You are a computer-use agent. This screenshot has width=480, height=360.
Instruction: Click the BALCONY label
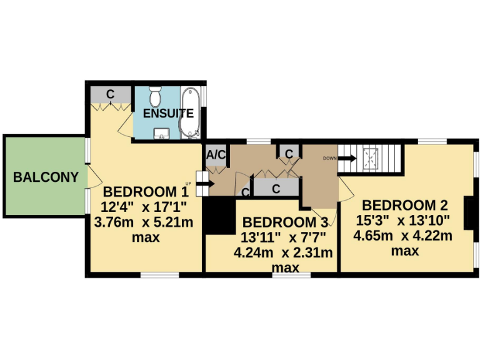[46, 177]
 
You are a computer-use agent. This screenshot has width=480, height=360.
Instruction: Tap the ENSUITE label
[168, 114]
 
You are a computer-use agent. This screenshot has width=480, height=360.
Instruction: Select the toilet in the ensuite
[156, 98]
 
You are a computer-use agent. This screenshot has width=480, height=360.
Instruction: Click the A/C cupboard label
[216, 154]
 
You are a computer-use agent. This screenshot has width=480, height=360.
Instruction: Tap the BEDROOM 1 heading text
[146, 192]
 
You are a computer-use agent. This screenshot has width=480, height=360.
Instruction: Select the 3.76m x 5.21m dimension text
[143, 222]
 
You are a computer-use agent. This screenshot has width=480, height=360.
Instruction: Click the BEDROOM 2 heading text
[405, 205]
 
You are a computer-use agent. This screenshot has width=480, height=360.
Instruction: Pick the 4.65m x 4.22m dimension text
[403, 236]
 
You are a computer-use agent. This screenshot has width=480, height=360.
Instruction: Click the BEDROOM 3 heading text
[285, 222]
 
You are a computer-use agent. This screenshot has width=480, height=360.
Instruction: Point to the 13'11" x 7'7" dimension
[283, 237]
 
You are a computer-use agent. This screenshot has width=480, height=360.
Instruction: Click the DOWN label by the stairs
[330, 158]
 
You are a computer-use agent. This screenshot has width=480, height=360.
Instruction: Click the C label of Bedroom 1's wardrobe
[110, 94]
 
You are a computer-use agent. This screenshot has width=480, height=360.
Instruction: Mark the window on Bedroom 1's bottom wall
[159, 274]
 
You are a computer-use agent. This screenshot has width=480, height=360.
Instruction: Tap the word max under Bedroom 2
[404, 251]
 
